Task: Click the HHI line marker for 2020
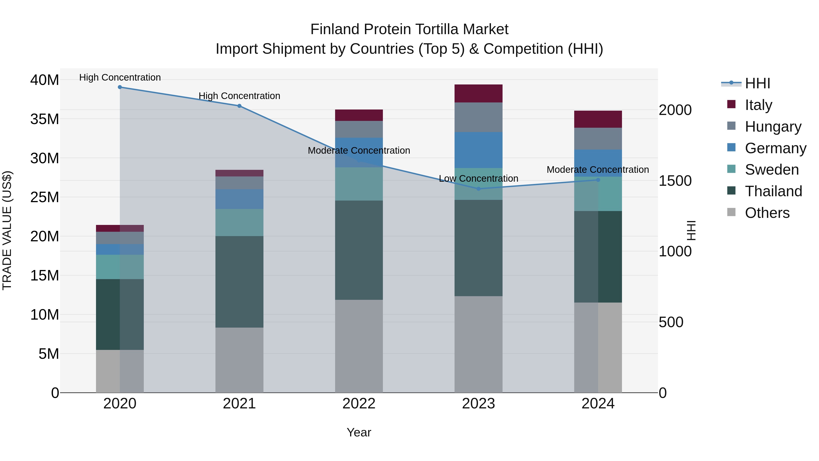(x=120, y=87)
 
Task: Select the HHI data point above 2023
(x=478, y=189)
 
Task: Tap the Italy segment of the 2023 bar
(x=478, y=94)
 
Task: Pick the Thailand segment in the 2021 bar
(x=239, y=282)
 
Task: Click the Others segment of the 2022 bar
(x=359, y=346)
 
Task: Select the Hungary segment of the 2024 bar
(x=598, y=139)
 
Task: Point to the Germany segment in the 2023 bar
(x=478, y=150)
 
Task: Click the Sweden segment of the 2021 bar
(x=239, y=222)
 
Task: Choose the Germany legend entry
(x=775, y=148)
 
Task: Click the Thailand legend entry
(x=773, y=191)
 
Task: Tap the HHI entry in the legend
(x=757, y=83)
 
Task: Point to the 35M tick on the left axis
(x=45, y=119)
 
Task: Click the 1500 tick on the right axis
(x=675, y=181)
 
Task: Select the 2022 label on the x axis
(x=359, y=404)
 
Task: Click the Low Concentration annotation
(x=478, y=178)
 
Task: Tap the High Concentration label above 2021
(x=239, y=96)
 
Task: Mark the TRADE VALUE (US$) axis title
(x=7, y=230)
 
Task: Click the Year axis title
(x=359, y=432)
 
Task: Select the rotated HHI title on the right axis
(x=691, y=230)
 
